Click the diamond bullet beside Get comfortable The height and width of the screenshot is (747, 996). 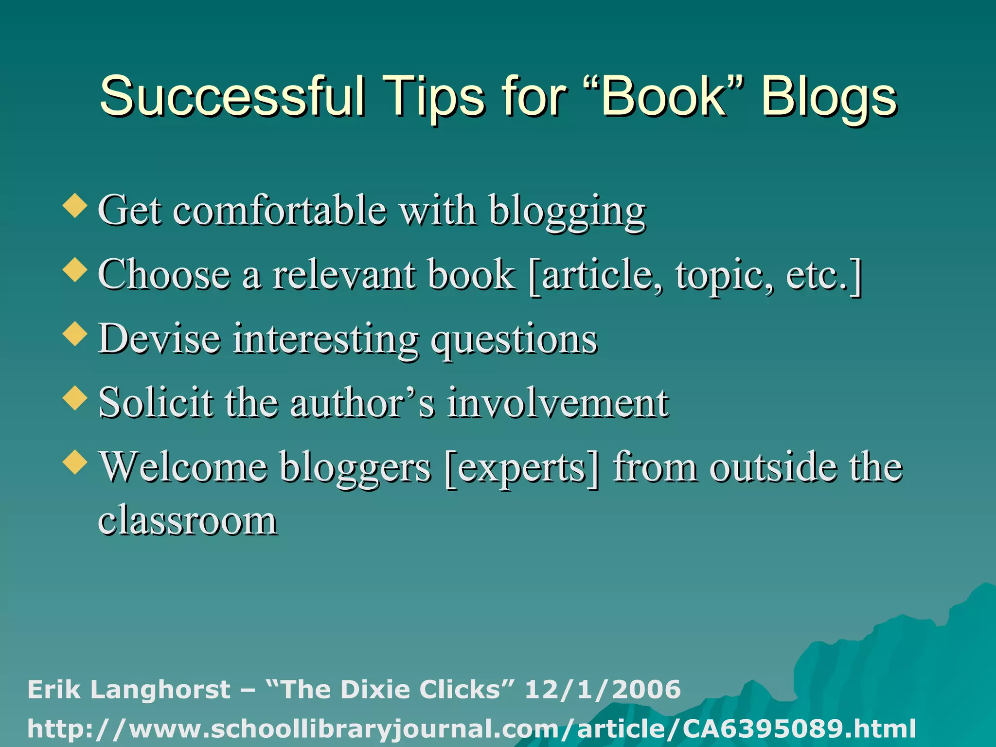coord(75,205)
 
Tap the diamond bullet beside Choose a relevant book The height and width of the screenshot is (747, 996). coord(75,269)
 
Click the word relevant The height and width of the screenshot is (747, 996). coord(344,275)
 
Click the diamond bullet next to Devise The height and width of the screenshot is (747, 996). coord(75,334)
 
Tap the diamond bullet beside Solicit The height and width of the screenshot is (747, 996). coord(75,398)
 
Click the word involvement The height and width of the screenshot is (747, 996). coord(558,403)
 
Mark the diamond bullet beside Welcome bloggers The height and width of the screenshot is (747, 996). coord(75,462)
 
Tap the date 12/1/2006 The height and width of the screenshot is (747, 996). coord(603,690)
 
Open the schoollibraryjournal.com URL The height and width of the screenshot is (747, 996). coord(471,729)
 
